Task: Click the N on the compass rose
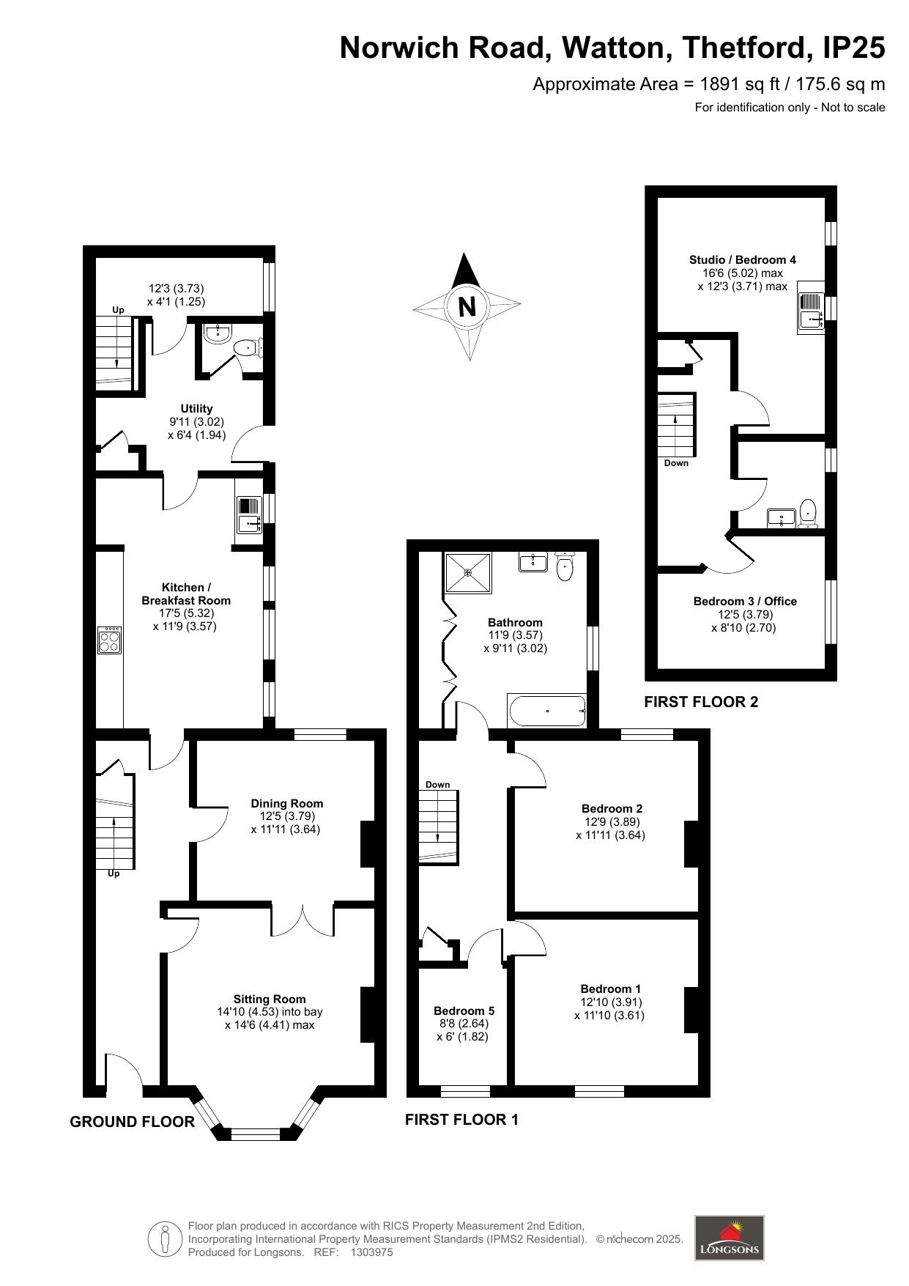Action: (x=467, y=306)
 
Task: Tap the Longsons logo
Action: (x=729, y=1238)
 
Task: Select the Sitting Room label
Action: (x=270, y=999)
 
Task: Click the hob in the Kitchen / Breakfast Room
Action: (x=110, y=641)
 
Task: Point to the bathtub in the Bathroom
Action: (x=547, y=711)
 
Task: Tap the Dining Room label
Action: (x=286, y=803)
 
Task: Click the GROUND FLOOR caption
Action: (x=133, y=1122)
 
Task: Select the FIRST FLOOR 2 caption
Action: (x=701, y=702)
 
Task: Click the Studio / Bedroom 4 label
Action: (x=743, y=259)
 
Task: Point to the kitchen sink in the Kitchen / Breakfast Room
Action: (x=249, y=514)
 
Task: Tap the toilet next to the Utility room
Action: (x=250, y=348)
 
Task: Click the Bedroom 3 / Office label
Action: (x=745, y=601)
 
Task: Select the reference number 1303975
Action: (x=372, y=1252)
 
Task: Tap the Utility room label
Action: (x=196, y=408)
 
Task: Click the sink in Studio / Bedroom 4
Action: (x=811, y=308)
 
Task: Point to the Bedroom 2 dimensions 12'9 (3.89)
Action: (x=612, y=821)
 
